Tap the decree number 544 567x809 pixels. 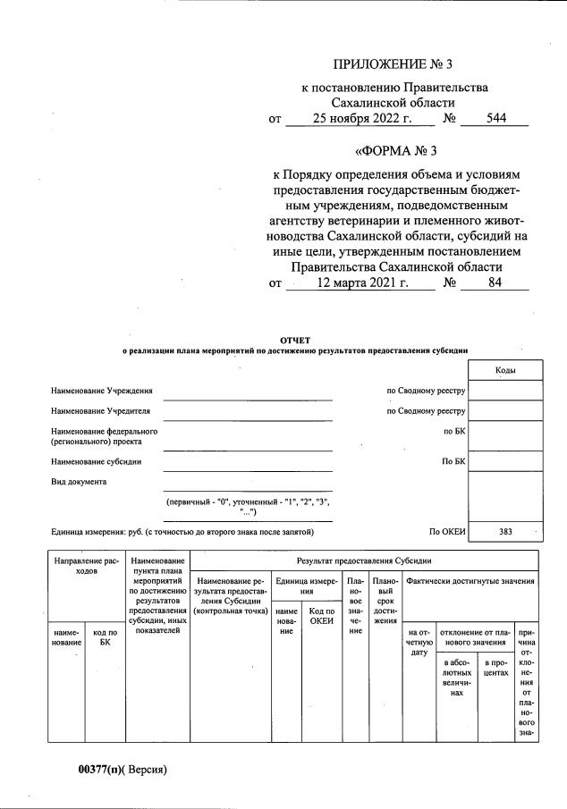click(x=495, y=118)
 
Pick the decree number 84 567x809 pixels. click(x=495, y=282)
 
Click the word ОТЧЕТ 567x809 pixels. click(x=294, y=340)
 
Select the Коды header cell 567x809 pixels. click(x=504, y=370)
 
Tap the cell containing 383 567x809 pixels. click(x=504, y=532)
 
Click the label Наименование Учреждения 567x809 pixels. click(x=101, y=391)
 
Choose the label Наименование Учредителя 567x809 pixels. click(x=100, y=411)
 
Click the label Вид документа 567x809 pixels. click(x=80, y=482)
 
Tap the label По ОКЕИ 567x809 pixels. click(x=447, y=532)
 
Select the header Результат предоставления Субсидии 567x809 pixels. click(x=364, y=560)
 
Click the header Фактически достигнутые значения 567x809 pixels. click(x=470, y=581)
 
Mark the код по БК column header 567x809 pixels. click(x=105, y=636)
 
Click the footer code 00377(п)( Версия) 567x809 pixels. click(x=123, y=768)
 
